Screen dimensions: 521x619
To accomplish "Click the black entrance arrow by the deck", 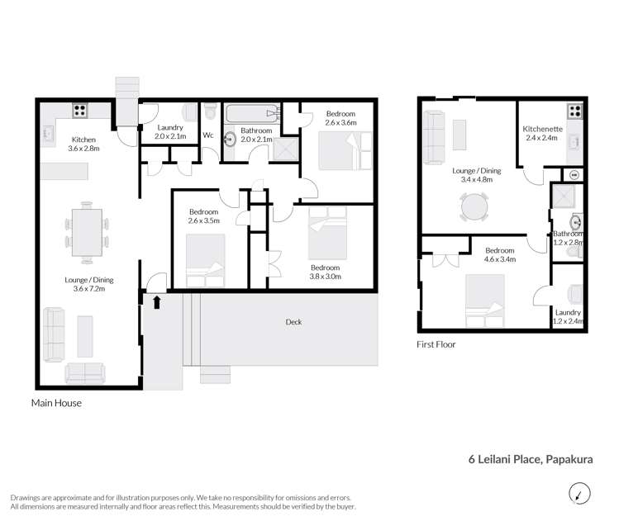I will (x=155, y=302).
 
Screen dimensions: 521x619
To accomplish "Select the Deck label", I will (x=293, y=322).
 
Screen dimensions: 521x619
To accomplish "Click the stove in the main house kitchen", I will (x=80, y=109).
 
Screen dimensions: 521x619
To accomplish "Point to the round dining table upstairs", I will (x=475, y=207).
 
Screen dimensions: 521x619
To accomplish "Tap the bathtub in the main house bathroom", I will (x=253, y=113).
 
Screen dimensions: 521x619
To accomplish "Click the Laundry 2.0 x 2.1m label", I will (x=171, y=132).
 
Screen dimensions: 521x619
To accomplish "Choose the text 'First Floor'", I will (x=436, y=344).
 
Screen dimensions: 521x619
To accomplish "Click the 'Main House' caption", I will (x=56, y=404).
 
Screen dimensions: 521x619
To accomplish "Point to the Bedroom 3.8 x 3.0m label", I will (x=326, y=272).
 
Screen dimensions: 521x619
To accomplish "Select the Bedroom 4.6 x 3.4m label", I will (x=499, y=255).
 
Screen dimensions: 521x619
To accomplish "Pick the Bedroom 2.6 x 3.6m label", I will (x=340, y=118).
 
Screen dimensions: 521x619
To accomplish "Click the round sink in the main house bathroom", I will (x=230, y=140).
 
